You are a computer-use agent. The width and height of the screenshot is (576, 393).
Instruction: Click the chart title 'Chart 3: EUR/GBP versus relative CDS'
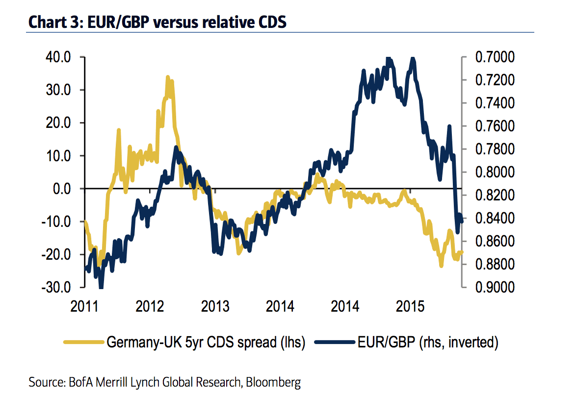[x=157, y=23]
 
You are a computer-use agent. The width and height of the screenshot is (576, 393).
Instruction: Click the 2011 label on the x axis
[x=84, y=307]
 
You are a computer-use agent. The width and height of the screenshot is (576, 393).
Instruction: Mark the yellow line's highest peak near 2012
[x=168, y=77]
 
